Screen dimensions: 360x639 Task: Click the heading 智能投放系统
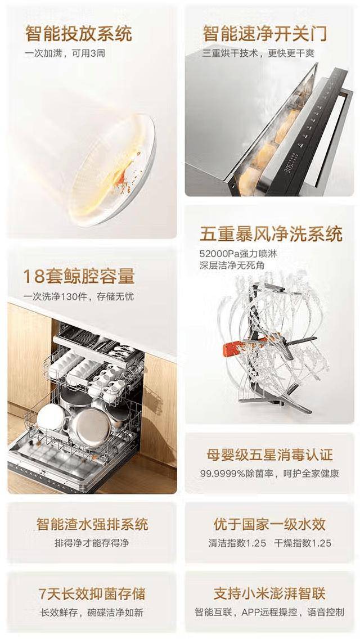(x=79, y=33)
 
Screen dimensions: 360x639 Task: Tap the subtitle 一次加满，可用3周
(x=65, y=53)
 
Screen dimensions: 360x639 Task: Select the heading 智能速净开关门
(x=265, y=33)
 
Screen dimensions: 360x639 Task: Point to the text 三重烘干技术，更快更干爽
(x=258, y=53)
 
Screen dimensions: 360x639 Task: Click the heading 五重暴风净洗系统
(x=271, y=235)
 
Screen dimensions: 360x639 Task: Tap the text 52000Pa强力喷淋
(x=238, y=254)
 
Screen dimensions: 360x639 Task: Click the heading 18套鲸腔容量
(x=79, y=276)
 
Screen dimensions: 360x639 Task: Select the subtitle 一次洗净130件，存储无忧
(x=79, y=296)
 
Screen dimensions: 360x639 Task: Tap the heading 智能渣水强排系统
(x=92, y=524)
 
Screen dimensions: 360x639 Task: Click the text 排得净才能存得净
(x=92, y=543)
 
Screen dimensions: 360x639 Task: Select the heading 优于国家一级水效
(x=269, y=524)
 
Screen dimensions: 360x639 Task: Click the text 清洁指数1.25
(x=237, y=543)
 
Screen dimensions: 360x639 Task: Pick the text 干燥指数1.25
(x=303, y=543)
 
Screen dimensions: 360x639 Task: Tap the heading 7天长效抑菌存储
(x=92, y=593)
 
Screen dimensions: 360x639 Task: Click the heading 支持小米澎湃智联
(x=269, y=593)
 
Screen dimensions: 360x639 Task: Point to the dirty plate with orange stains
(x=112, y=170)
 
